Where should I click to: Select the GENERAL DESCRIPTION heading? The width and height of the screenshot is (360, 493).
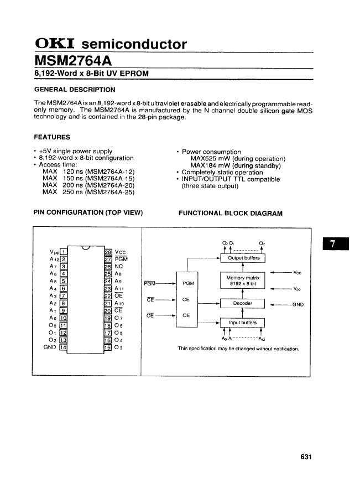pyautogui.click(x=75, y=90)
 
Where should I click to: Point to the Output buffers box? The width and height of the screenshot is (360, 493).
pyautogui.click(x=243, y=258)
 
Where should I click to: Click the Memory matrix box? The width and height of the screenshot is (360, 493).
pyautogui.click(x=243, y=281)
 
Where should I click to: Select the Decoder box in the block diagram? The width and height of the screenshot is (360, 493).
pyautogui.click(x=243, y=303)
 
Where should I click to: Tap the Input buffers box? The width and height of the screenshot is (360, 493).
pyautogui.click(x=243, y=323)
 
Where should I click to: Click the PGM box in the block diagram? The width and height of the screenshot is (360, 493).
pyautogui.click(x=188, y=283)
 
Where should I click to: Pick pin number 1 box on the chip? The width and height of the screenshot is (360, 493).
pyautogui.click(x=64, y=253)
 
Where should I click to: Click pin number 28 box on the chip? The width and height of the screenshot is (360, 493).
pyautogui.click(x=108, y=253)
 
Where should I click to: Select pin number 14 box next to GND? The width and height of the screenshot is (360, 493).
pyautogui.click(x=64, y=347)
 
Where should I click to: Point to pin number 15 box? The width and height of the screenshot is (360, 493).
pyautogui.click(x=108, y=347)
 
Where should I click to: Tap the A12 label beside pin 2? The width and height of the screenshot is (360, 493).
pyautogui.click(x=54, y=260)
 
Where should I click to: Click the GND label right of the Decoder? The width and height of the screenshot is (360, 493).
pyautogui.click(x=298, y=304)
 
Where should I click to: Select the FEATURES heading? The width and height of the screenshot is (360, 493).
pyautogui.click(x=52, y=137)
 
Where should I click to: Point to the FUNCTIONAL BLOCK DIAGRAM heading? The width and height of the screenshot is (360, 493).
pyautogui.click(x=231, y=213)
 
